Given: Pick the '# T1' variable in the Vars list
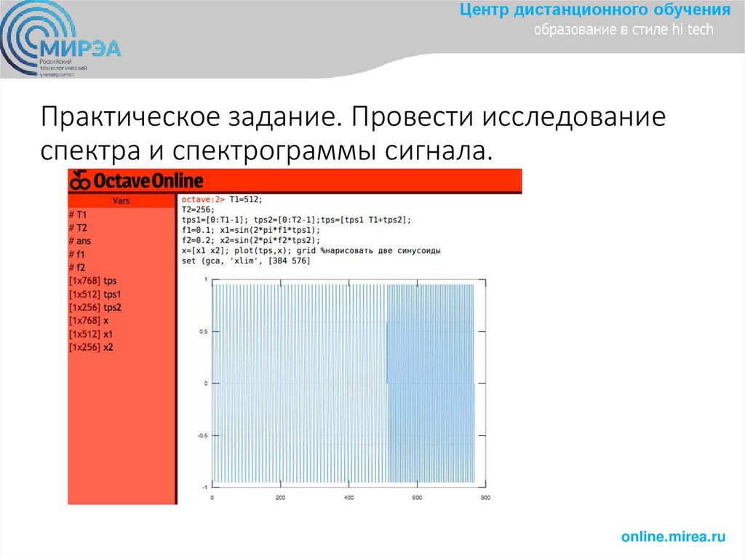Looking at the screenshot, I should pyautogui.click(x=78, y=215).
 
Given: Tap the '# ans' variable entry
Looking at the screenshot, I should pyautogui.click(x=80, y=241).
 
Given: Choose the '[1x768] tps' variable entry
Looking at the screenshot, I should pyautogui.click(x=92, y=280).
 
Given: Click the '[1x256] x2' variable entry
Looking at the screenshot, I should pyautogui.click(x=91, y=347).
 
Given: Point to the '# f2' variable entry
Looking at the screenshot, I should pyautogui.click(x=77, y=267).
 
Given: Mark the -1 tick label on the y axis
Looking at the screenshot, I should pyautogui.click(x=204, y=487).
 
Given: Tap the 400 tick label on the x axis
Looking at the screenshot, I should pyautogui.click(x=349, y=498).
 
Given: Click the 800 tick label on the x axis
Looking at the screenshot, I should pyautogui.click(x=486, y=498).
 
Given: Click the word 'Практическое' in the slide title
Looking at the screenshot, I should pyautogui.click(x=117, y=116).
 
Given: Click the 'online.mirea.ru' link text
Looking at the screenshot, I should pyautogui.click(x=674, y=537).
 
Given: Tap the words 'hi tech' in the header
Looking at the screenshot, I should pyautogui.click(x=694, y=30).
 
